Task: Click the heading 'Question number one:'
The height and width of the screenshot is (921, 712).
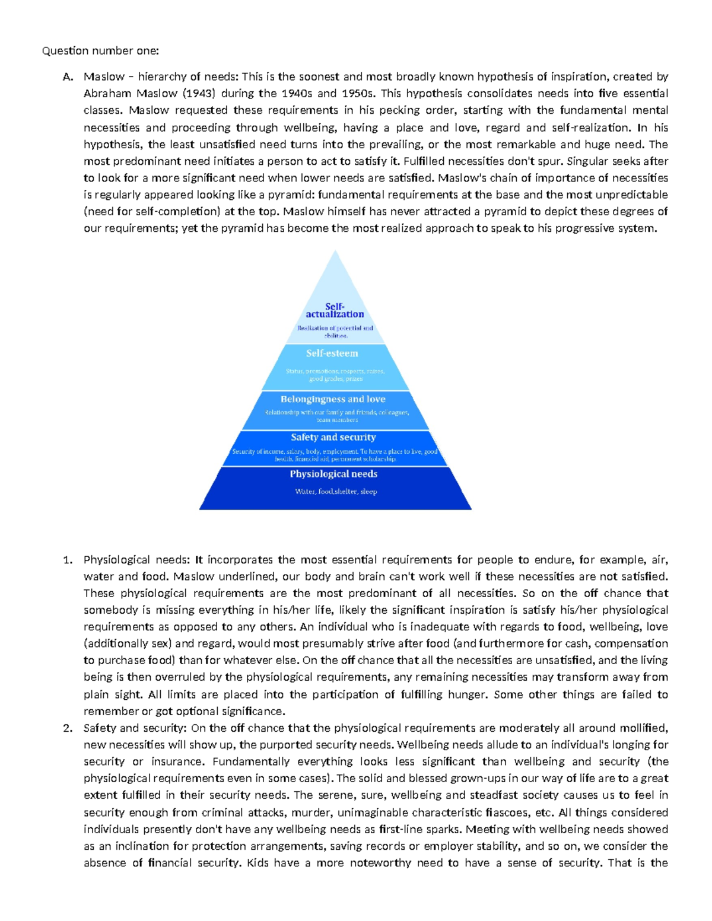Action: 100,50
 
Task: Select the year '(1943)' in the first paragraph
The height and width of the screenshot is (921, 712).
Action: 199,93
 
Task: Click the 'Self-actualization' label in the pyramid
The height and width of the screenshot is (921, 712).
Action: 335,310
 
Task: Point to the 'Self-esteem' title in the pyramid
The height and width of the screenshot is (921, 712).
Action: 332,353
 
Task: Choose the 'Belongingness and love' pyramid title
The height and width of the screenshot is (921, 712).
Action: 333,399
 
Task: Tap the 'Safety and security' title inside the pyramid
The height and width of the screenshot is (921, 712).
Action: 333,437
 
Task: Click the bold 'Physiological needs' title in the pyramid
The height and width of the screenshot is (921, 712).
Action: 333,474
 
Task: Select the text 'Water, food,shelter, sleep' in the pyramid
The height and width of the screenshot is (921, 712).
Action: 336,491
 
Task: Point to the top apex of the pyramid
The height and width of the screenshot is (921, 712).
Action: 335,251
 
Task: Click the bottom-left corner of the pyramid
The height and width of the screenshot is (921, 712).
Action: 201,508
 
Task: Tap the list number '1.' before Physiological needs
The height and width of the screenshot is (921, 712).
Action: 68,560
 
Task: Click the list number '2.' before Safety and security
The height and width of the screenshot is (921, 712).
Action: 68,728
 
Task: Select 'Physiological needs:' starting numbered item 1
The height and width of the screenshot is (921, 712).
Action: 136,560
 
